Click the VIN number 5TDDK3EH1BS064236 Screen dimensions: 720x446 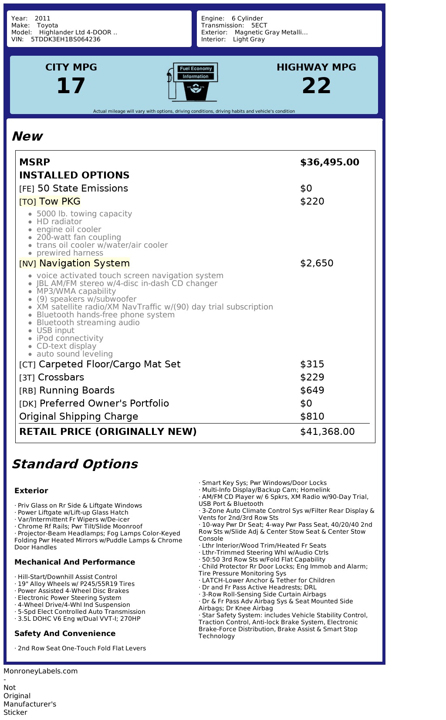coord(65,39)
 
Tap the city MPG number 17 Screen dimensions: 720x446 coord(71,85)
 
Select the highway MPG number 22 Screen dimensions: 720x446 coord(316,85)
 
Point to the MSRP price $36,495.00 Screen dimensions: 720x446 coord(330,162)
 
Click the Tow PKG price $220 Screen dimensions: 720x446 coord(312,202)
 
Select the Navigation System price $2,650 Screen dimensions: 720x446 coord(317,263)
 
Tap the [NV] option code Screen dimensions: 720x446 coord(27,264)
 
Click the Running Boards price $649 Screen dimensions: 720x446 coord(312,390)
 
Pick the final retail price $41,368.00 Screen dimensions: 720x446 coord(328,432)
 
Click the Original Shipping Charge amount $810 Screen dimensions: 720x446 coord(312,417)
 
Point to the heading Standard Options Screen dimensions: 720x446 coord(74,464)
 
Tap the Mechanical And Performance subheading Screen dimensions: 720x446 coord(74,562)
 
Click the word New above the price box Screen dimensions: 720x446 coord(27,136)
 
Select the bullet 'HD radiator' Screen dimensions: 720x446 coord(59,222)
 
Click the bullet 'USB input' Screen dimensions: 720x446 coord(55,330)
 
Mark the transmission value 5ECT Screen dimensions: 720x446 coord(259,25)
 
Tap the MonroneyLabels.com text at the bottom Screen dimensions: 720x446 coord(41,671)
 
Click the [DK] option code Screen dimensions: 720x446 coord(27,404)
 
